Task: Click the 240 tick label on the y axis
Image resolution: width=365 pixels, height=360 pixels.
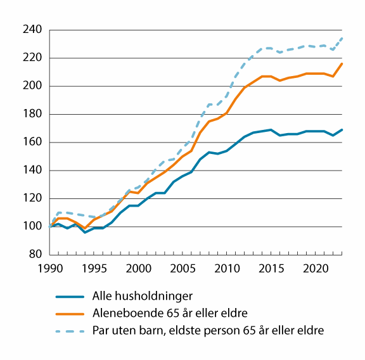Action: pyautogui.click(x=32, y=30)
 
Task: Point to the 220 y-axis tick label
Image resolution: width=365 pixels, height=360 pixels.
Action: pyautogui.click(x=32, y=58)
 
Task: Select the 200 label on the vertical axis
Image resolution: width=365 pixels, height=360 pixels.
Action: pyautogui.click(x=32, y=86)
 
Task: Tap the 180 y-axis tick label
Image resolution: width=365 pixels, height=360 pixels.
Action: pyautogui.click(x=32, y=114)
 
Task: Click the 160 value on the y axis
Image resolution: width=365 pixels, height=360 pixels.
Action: pyautogui.click(x=32, y=142)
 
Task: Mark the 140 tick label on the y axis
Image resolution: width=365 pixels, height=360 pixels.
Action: pyautogui.click(x=32, y=170)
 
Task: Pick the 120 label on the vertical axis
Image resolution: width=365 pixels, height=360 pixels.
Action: pyautogui.click(x=32, y=198)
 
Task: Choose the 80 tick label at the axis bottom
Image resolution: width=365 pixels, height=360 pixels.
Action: pyautogui.click(x=35, y=255)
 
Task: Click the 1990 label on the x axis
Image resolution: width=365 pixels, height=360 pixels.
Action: pyautogui.click(x=50, y=269)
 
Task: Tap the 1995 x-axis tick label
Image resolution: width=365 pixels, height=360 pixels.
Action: pyautogui.click(x=94, y=269)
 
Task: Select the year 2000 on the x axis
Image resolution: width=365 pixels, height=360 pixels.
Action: pyautogui.click(x=138, y=269)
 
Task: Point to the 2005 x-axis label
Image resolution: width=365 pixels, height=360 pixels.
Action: pyautogui.click(x=182, y=269)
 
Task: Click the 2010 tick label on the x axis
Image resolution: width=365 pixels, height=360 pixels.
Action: pyautogui.click(x=226, y=269)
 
